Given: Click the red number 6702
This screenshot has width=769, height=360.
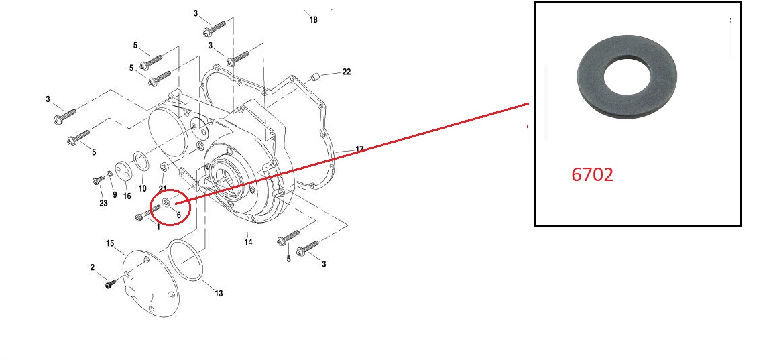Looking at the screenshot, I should pyautogui.click(x=592, y=175).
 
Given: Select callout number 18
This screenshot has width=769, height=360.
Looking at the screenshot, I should pyautogui.click(x=313, y=20).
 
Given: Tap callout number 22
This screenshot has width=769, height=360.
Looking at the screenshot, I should pyautogui.click(x=346, y=72).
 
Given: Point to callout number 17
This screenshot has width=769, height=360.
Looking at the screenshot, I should pyautogui.click(x=359, y=149).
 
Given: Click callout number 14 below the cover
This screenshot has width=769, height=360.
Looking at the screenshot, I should pyautogui.click(x=248, y=242).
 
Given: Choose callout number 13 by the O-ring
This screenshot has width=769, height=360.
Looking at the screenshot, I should pyautogui.click(x=219, y=293).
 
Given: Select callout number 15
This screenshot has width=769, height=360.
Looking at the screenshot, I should pyautogui.click(x=111, y=242).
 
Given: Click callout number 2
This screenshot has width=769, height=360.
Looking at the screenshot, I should pyautogui.click(x=93, y=267).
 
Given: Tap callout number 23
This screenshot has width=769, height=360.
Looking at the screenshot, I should pyautogui.click(x=103, y=203).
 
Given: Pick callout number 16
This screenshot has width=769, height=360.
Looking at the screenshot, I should pyautogui.click(x=127, y=196).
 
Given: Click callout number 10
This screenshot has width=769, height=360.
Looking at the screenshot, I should pyautogui.click(x=142, y=188).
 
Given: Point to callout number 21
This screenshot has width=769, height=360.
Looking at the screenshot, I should pyautogui.click(x=162, y=188).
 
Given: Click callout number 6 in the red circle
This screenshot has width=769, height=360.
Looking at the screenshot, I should pyautogui.click(x=179, y=214).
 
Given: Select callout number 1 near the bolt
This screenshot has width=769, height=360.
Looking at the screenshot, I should pyautogui.click(x=158, y=227).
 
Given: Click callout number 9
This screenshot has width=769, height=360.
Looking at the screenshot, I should pyautogui.click(x=115, y=195).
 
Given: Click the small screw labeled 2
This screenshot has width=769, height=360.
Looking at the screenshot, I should pyautogui.click(x=111, y=284).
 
